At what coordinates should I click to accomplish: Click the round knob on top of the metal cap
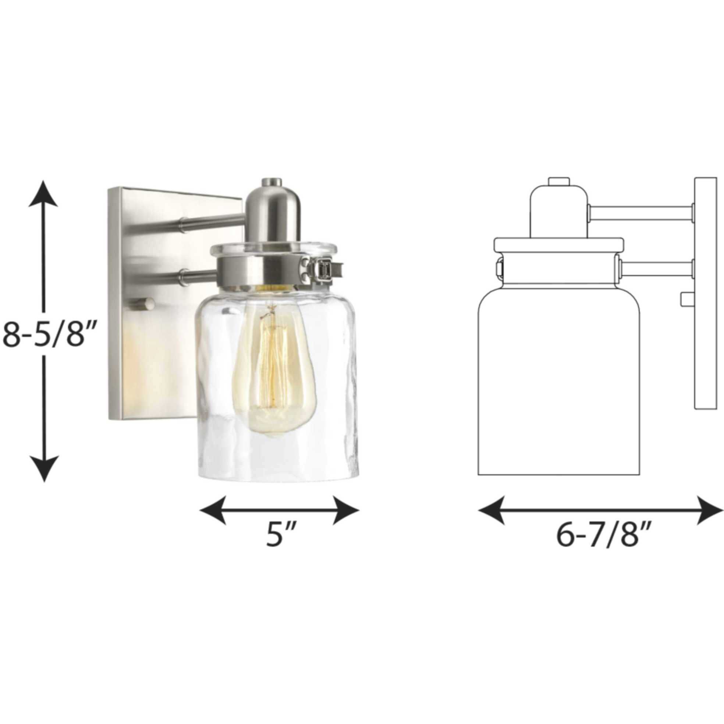click(x=272, y=182)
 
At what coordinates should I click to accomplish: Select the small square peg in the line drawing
click(x=687, y=299)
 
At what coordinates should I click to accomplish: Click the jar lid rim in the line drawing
click(x=559, y=245)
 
